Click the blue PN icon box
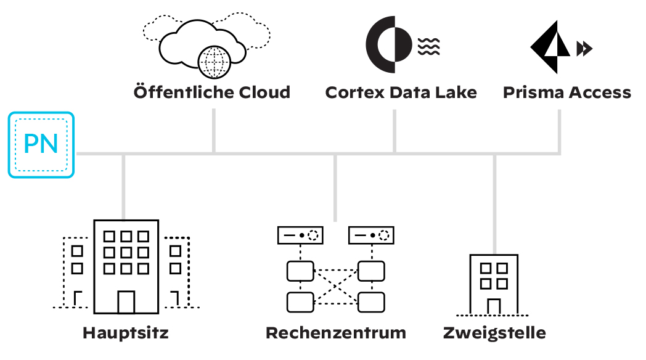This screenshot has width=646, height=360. [x=41, y=145]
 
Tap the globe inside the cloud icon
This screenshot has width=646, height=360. [x=215, y=62]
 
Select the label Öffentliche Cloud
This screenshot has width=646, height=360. [x=212, y=92]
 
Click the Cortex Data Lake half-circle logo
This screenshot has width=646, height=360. [x=389, y=44]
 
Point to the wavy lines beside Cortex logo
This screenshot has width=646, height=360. [x=429, y=47]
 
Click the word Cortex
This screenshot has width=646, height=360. [x=355, y=92]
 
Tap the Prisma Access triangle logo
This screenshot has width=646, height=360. [x=550, y=47]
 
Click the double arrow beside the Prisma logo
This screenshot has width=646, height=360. [x=584, y=49]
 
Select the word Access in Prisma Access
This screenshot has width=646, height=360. [x=600, y=92]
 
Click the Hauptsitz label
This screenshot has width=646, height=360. [x=126, y=333]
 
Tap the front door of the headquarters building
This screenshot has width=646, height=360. [x=126, y=302]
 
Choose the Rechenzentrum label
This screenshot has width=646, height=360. [x=336, y=333]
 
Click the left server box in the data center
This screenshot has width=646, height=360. [x=300, y=235]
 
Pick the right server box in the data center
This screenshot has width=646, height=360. [x=371, y=235]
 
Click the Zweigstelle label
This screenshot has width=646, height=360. [x=494, y=333]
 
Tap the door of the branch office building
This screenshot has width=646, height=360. [x=494, y=306]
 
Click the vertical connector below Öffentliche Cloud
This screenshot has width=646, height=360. [x=214, y=131]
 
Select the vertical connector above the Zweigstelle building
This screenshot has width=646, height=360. [x=494, y=204]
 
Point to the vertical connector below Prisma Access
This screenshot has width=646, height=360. [x=560, y=131]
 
